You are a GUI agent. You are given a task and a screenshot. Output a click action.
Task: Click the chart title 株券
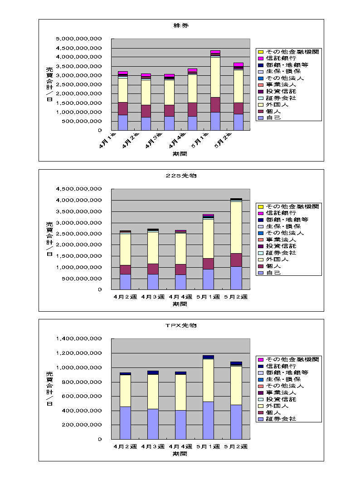tap(181, 25)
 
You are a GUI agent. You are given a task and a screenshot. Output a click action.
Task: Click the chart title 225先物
tap(181, 176)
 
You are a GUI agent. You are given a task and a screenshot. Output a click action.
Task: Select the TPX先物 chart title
tap(181, 325)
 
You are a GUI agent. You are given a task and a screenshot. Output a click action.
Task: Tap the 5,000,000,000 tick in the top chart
tap(79, 39)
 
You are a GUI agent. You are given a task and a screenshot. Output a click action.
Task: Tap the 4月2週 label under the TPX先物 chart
tap(125, 446)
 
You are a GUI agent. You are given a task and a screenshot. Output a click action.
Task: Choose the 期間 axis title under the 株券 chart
tap(180, 154)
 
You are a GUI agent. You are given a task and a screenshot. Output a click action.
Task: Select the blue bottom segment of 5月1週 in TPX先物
tap(208, 420)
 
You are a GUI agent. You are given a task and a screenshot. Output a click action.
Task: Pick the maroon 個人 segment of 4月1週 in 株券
tap(122, 108)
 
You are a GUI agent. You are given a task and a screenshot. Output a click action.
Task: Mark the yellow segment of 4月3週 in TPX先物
tap(153, 392)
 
